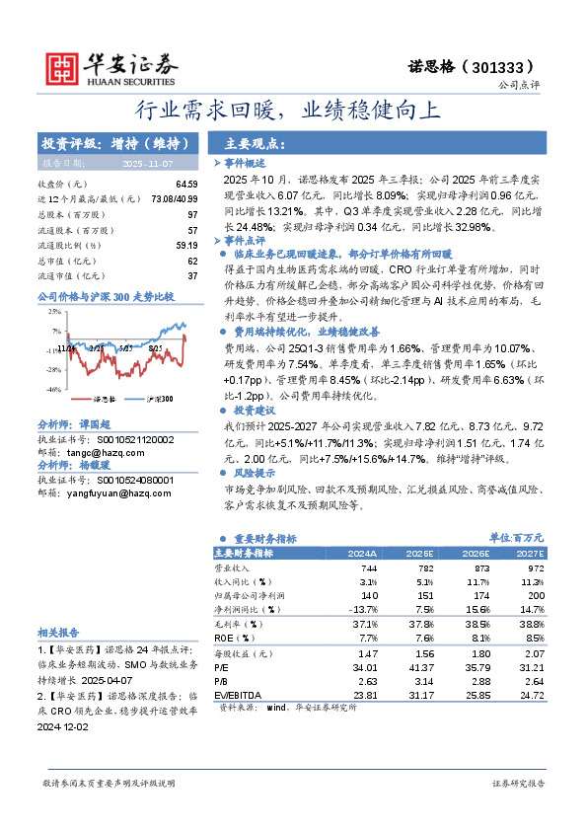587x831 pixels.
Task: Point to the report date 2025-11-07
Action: coord(147,162)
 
